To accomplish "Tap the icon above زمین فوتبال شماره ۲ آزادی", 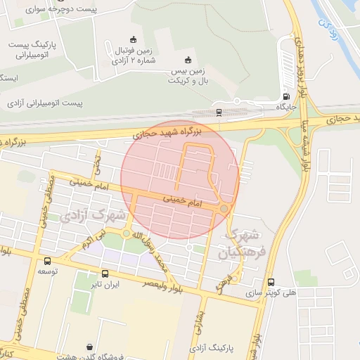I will [134, 39].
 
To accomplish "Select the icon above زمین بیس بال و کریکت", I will [187, 60].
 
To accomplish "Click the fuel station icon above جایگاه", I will [286, 97].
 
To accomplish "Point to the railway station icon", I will [219, 111].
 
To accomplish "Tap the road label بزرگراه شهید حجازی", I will [167, 131].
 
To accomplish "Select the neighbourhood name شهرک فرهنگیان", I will [243, 243].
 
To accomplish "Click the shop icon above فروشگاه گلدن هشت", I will [89, 345].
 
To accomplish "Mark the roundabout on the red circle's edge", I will [224, 209].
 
